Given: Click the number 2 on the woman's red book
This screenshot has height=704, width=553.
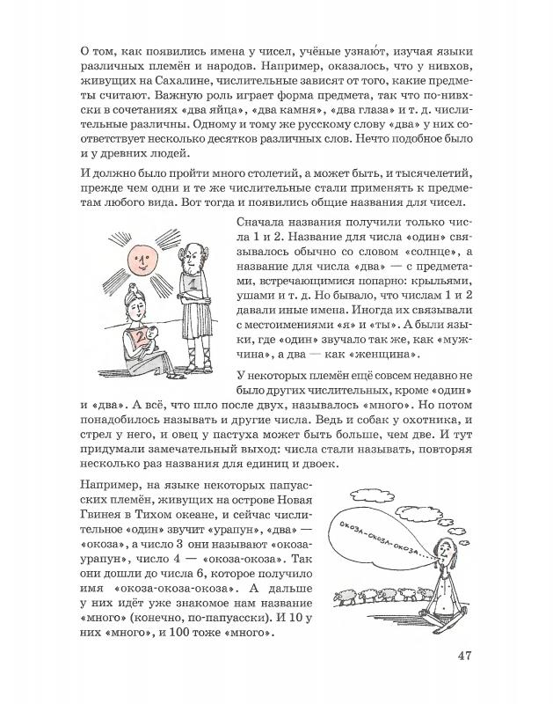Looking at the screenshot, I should [137, 336].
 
